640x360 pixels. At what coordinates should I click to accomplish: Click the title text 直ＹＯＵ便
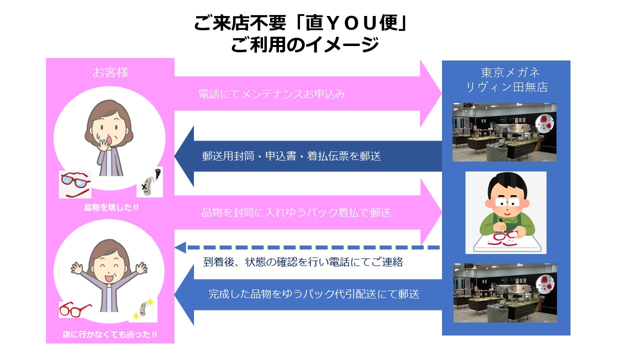tap(351, 23)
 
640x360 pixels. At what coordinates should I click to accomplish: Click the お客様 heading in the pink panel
tap(110, 72)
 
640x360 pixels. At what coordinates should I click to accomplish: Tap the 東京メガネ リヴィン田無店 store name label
tap(507, 79)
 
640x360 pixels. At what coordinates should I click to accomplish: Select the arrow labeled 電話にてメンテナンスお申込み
tap(308, 93)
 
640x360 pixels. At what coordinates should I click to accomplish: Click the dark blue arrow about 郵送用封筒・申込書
tap(308, 156)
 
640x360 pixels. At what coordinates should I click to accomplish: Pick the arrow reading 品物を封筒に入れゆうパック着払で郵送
tap(308, 212)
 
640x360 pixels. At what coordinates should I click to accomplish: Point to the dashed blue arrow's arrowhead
tap(180, 247)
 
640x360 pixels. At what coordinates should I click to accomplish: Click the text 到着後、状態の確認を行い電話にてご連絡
tap(303, 262)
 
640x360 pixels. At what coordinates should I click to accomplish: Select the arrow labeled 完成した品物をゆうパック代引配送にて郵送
tap(308, 294)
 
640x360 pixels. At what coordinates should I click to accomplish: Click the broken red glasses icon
tap(75, 184)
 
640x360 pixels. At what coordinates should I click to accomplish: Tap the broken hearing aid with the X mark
tap(149, 182)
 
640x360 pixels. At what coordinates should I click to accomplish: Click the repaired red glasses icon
tap(75, 309)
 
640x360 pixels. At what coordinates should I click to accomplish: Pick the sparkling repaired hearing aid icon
tap(143, 309)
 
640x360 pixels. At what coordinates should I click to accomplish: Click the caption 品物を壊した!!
tap(111, 207)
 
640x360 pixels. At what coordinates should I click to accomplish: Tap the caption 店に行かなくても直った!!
tap(109, 334)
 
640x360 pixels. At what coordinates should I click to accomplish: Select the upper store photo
tap(504, 132)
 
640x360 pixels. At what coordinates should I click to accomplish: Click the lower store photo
tap(505, 293)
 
